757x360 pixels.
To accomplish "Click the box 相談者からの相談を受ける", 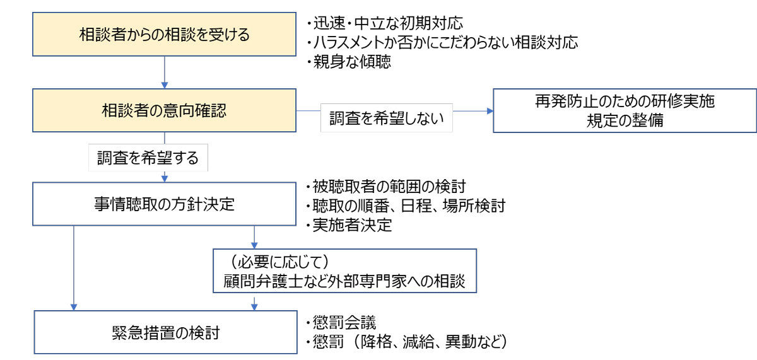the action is (164, 34).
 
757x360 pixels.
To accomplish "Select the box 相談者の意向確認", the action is (164, 110).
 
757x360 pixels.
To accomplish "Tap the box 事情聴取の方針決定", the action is (164, 204).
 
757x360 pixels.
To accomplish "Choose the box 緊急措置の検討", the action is (165, 332).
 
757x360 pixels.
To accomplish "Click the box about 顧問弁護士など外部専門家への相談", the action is (344, 271).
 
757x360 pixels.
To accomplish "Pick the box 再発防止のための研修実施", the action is (625, 110).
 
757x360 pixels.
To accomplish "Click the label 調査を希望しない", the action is (387, 118).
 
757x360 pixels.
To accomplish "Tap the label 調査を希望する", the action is (148, 158).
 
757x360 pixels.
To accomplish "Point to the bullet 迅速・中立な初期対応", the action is (385, 23).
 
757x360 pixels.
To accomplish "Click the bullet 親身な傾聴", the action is (348, 62).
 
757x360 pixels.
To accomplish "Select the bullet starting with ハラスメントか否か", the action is (442, 42).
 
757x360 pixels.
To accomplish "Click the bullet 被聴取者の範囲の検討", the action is (385, 187).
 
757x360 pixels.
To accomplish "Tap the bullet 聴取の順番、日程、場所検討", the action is (406, 206).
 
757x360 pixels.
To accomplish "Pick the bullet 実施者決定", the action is (349, 225).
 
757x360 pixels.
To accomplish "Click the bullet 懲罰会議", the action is (341, 322).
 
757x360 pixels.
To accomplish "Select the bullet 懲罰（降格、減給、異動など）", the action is (406, 342).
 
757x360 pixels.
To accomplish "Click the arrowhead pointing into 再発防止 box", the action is (490, 111).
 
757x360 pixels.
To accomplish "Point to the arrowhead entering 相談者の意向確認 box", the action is (165, 85).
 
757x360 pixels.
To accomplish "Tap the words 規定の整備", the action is (625, 120).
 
